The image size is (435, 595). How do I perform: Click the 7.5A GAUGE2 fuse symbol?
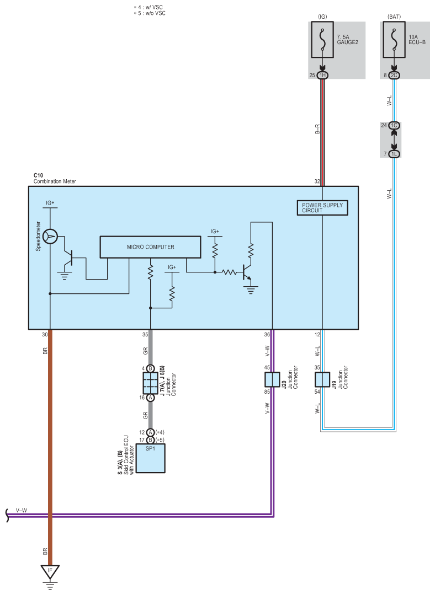click(322, 40)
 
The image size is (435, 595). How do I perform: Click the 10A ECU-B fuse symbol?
click(394, 40)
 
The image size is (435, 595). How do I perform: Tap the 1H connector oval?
click(322, 75)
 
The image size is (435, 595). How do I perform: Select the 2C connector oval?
click(394, 75)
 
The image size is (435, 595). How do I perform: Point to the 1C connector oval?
click(394, 125)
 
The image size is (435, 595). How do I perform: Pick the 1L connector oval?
click(394, 154)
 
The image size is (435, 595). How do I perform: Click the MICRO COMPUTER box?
click(151, 247)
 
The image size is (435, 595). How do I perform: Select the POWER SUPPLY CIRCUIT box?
click(322, 207)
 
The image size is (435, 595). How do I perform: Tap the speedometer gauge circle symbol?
click(50, 237)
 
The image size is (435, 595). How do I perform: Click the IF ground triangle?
click(50, 571)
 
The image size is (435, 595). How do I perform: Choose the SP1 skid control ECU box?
click(151, 458)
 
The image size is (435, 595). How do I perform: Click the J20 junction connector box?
click(272, 379)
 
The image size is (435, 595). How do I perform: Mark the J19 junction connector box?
click(322, 379)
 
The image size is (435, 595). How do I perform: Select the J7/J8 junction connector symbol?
click(151, 383)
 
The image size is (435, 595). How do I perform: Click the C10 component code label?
click(39, 175)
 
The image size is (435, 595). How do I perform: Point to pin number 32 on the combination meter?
click(317, 181)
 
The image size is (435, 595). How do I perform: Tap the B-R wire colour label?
click(317, 129)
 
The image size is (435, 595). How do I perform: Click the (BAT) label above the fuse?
click(394, 17)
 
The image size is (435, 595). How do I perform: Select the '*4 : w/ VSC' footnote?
click(149, 7)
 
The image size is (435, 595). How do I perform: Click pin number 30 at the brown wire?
click(45, 334)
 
